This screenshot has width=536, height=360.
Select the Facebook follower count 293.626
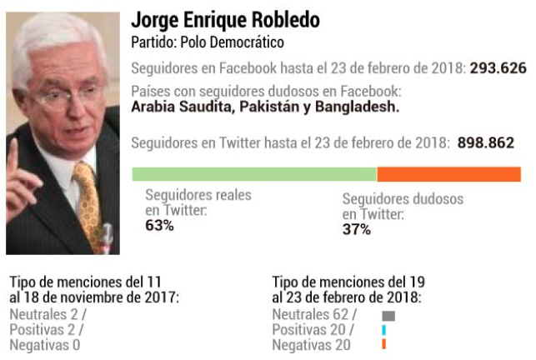click(x=498, y=68)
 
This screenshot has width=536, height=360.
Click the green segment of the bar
click(x=254, y=173)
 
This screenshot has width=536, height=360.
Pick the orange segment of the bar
click(x=448, y=173)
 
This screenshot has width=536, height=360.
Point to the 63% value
click(x=159, y=225)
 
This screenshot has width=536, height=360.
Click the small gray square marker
click(x=388, y=316)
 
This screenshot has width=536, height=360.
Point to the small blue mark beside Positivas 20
click(x=383, y=330)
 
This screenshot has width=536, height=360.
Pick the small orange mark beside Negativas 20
click(x=383, y=344)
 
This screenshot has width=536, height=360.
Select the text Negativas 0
click(x=44, y=344)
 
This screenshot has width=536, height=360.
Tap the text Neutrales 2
click(x=43, y=315)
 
